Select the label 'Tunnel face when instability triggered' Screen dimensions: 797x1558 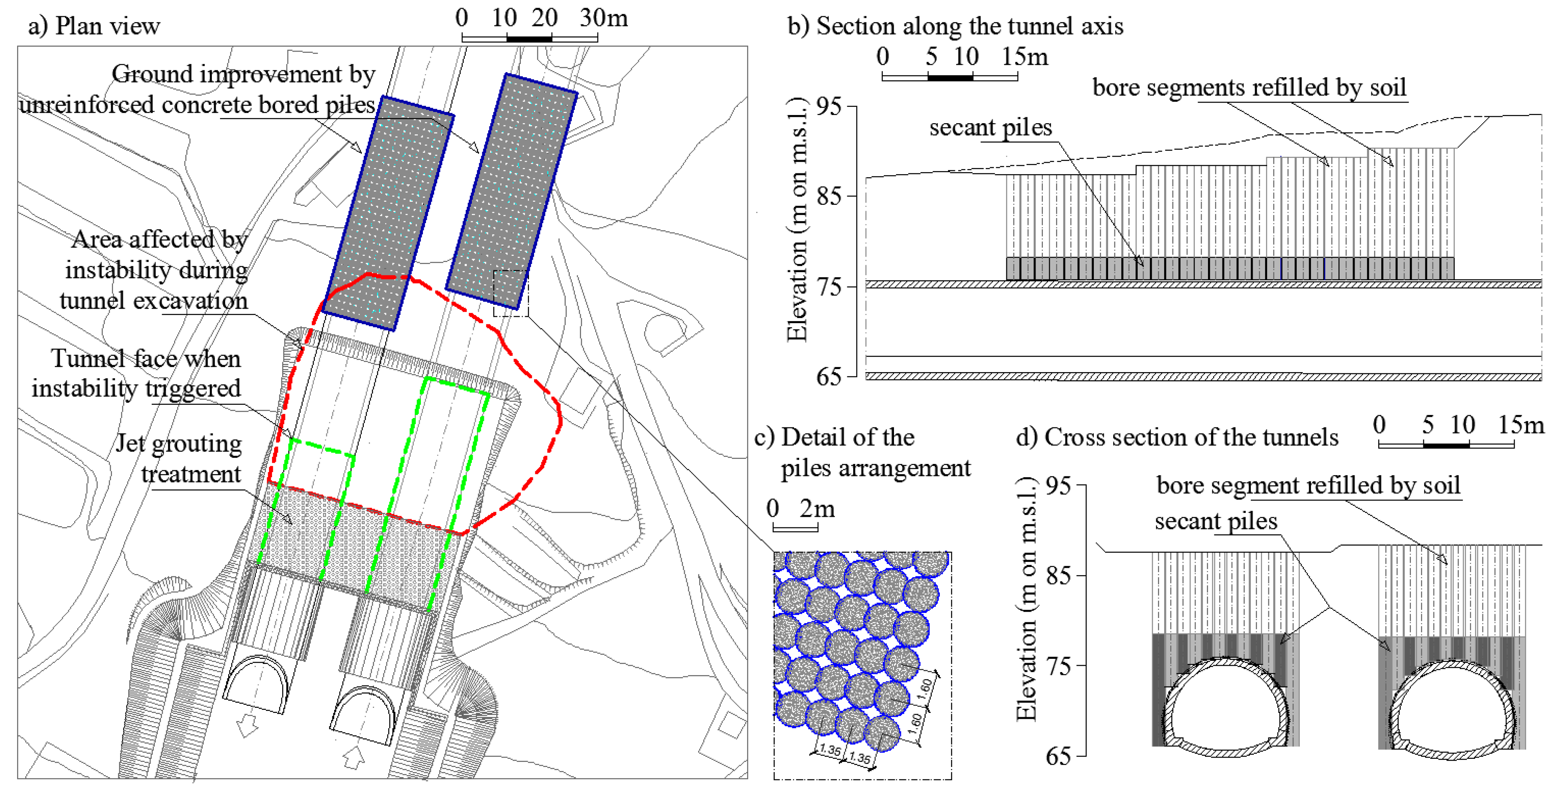click(x=137, y=373)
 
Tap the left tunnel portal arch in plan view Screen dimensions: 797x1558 click(x=256, y=684)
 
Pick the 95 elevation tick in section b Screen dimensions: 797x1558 click(x=829, y=106)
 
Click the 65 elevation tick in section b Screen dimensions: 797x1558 click(x=829, y=376)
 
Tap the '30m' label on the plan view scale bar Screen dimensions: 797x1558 click(x=604, y=18)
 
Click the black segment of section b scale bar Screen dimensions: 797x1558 click(x=950, y=77)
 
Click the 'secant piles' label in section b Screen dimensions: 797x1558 click(x=990, y=128)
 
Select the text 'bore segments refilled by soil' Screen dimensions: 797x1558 click(x=1249, y=88)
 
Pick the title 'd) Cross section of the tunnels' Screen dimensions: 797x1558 click(x=1177, y=437)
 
